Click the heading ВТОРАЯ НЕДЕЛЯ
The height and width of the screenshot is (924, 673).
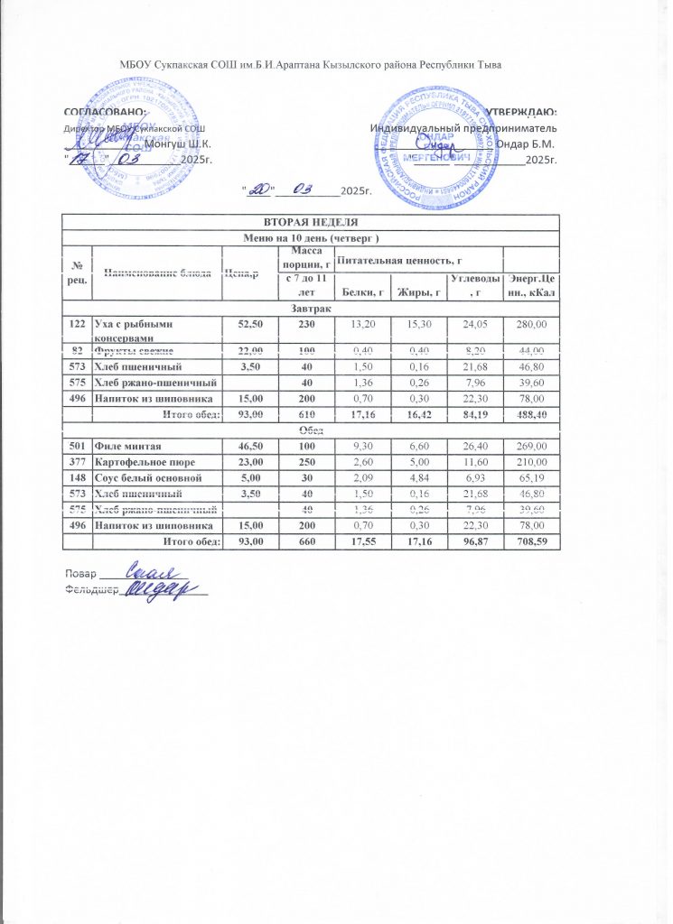click(x=310, y=222)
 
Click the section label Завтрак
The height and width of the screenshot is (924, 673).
click(x=310, y=308)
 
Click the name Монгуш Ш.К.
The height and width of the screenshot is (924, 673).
click(x=178, y=144)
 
